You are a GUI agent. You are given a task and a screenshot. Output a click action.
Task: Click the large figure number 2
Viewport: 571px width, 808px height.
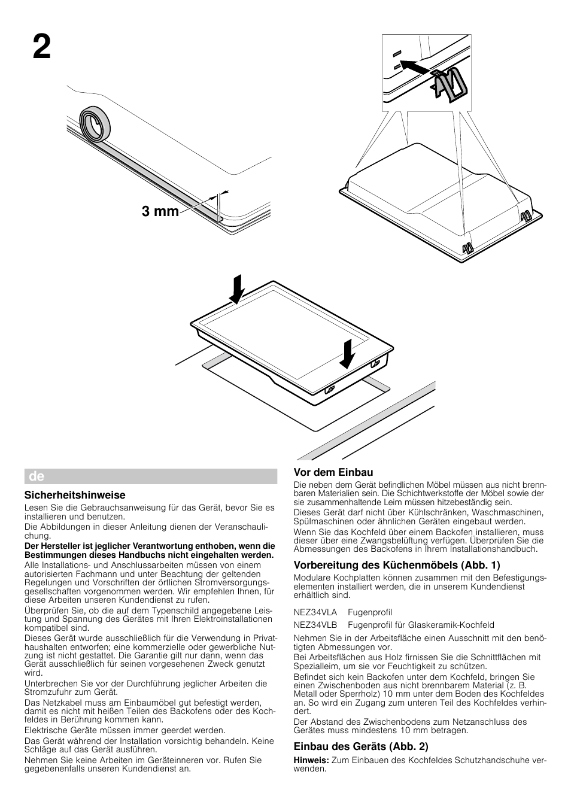pos(41,47)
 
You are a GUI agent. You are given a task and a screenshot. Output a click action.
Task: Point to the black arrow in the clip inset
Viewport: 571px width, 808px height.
pos(414,65)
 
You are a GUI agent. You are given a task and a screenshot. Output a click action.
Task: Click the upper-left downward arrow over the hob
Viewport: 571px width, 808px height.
pos(238,288)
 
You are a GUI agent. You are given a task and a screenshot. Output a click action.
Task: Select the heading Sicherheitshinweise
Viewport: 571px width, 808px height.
pos(75,495)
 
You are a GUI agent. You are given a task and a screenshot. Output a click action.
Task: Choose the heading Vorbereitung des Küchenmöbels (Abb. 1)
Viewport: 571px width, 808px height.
pos(397,564)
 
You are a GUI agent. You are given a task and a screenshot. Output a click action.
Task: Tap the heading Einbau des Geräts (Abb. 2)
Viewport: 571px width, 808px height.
pos(361,746)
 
